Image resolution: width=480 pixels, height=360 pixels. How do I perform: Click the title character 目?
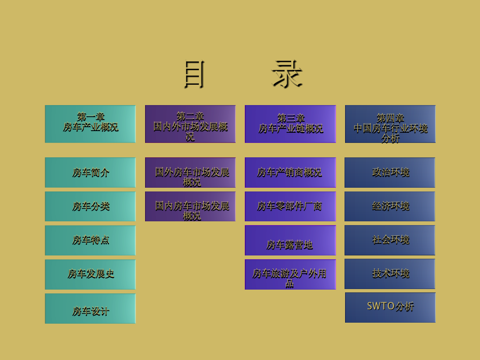click(194, 74)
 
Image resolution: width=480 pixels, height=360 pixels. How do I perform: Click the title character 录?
click(287, 74)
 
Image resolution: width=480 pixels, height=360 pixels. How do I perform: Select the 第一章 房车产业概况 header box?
click(90, 124)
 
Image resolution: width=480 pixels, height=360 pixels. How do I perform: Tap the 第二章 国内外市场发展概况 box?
click(190, 124)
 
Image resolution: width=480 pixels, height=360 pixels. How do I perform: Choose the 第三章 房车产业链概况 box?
click(290, 124)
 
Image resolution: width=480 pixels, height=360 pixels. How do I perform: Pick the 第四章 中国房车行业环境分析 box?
click(390, 124)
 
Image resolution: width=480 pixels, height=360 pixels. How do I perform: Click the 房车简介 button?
click(90, 172)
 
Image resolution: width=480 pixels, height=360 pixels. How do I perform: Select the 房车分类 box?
click(90, 206)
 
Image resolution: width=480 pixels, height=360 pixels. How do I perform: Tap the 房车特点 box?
click(90, 241)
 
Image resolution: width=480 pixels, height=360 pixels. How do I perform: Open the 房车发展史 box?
click(90, 274)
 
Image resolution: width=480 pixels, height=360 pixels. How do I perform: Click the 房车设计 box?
click(90, 309)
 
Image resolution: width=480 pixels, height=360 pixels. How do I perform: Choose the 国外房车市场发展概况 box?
click(190, 172)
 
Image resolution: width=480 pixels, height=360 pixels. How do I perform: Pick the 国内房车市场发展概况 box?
click(190, 206)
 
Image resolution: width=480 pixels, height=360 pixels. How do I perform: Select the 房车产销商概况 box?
click(290, 172)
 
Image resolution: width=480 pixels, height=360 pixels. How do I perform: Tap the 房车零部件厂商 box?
click(290, 206)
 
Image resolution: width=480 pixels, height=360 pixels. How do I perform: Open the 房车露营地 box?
click(290, 241)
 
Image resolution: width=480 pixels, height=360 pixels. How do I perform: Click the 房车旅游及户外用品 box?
click(290, 274)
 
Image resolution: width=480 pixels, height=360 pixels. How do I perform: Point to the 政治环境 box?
click(390, 172)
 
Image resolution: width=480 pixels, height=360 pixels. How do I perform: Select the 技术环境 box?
click(390, 274)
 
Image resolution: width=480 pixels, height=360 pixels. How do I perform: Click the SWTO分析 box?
click(390, 307)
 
